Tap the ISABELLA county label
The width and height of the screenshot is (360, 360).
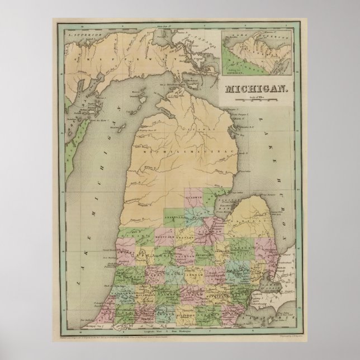coord(176,214)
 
